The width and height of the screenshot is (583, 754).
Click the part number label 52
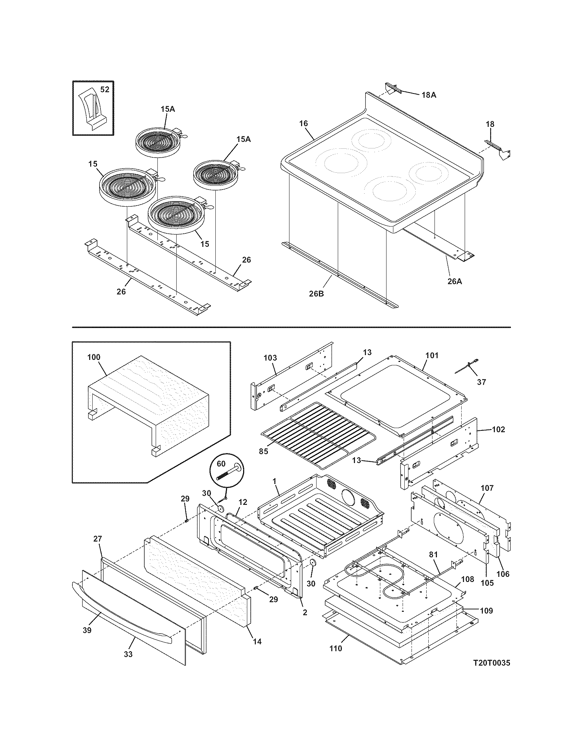[105, 89]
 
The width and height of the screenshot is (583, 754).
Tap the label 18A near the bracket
[428, 95]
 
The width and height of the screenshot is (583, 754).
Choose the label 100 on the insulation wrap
[94, 357]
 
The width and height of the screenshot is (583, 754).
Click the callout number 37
[481, 382]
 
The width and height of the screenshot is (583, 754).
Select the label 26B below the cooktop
[316, 294]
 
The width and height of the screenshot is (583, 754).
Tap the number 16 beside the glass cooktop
[303, 123]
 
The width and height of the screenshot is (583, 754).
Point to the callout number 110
[336, 648]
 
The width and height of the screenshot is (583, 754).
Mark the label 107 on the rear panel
[487, 488]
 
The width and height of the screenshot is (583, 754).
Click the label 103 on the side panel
[270, 358]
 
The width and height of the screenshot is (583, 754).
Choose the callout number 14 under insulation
[257, 642]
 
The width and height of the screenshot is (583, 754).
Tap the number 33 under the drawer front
[128, 654]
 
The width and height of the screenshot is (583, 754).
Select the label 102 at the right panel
[498, 429]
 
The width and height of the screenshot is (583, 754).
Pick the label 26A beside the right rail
[454, 281]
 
